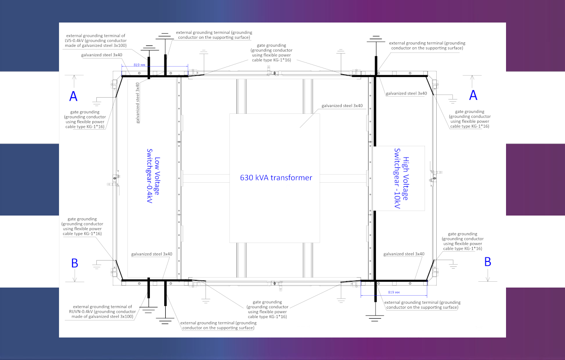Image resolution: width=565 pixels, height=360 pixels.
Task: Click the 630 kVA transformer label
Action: [x=276, y=178]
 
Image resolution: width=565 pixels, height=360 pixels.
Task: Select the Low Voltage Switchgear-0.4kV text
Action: [x=154, y=176]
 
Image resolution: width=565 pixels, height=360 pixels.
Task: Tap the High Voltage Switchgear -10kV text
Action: [x=402, y=179]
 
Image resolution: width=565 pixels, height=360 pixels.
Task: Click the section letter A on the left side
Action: [x=73, y=96]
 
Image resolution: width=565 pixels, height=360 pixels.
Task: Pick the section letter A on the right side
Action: [x=473, y=95]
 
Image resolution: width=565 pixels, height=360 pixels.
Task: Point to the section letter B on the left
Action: [x=75, y=263]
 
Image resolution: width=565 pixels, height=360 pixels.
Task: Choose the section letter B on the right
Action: [x=488, y=262]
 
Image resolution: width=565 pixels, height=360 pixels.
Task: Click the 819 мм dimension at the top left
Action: [x=139, y=65]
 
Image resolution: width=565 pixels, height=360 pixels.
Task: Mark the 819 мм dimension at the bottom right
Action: [x=394, y=292]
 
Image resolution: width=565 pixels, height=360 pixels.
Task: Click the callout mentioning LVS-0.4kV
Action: [x=95, y=40]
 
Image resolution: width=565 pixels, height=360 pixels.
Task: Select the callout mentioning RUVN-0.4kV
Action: [x=102, y=311]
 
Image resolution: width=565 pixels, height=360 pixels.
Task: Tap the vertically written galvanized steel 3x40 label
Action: [x=138, y=103]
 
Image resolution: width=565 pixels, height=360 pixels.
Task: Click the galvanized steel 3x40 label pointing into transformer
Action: [x=342, y=106]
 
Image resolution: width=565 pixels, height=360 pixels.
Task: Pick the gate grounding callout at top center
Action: [x=271, y=53]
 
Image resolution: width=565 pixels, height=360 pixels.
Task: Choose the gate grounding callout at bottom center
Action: [x=267, y=309]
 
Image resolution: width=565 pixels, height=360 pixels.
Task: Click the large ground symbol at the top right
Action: [x=376, y=39]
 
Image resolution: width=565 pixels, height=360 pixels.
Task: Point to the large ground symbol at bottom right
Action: [x=375, y=318]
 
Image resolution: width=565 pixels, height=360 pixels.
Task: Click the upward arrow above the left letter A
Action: [x=74, y=81]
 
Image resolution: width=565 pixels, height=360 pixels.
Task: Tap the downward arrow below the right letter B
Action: [x=488, y=275]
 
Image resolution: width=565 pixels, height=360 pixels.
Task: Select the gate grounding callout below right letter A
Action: [x=470, y=119]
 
